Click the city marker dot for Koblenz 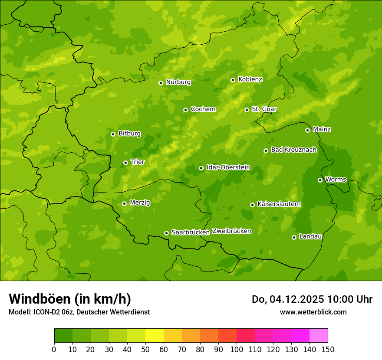233,80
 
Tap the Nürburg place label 178,82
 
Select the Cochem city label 203,109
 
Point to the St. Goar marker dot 247,110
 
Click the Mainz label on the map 322,129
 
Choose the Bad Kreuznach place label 293,150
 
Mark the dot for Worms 320,180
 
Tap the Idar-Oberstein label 228,167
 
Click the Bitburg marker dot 113,134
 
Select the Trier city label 137,162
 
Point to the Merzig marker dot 124,203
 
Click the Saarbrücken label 190,232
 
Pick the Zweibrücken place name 231,231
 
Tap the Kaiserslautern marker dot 252,205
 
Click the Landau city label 310,236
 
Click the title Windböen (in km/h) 70,299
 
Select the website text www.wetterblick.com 313,312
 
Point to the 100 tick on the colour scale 237,349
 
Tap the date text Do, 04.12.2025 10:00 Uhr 312,299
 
